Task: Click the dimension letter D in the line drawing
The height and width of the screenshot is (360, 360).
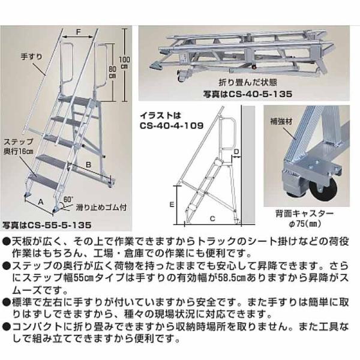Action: coord(236,151)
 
